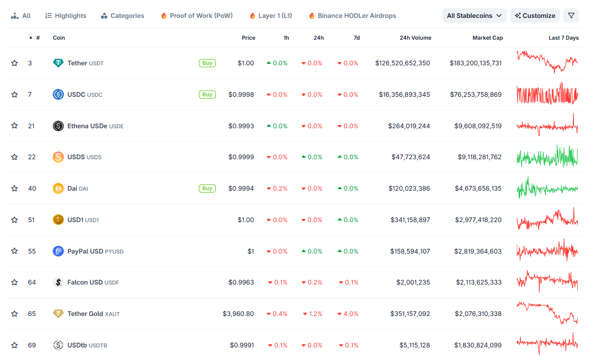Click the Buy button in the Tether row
coord(207,63)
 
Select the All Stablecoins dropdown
coord(474,15)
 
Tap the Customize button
coord(535,15)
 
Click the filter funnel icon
coord(571,15)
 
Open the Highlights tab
coord(66,15)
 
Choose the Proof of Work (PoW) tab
coord(196,15)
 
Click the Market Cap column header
coord(487,38)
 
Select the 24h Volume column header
coord(415,38)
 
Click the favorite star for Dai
coord(15,188)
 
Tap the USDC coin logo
coord(58,94)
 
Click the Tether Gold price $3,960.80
coord(238,314)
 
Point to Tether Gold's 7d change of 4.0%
coord(348,314)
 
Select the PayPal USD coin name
coord(85,251)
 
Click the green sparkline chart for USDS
coord(547,157)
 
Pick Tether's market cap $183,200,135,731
coord(475,63)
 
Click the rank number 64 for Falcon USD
coord(32,282)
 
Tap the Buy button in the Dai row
coord(207,188)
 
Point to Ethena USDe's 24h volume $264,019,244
coord(409,126)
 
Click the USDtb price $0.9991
coord(241,345)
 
